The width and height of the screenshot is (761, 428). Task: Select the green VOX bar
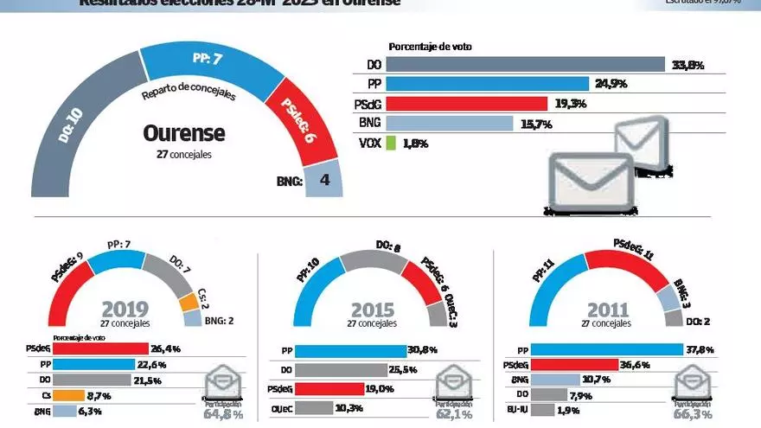(390, 143)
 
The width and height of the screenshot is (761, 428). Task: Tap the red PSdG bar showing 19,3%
(467, 104)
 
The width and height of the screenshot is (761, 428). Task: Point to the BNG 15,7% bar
(449, 123)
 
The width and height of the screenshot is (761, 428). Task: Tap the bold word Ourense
(183, 133)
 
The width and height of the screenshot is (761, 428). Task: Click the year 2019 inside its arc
(125, 310)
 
